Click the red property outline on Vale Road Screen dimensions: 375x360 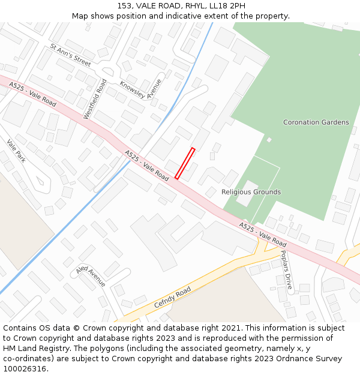pyautogui.click(x=185, y=163)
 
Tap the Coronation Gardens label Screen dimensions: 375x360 pyautogui.click(x=316, y=122)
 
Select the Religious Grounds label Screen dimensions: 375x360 pyautogui.click(x=251, y=192)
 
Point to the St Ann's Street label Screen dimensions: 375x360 pyautogui.click(x=70, y=55)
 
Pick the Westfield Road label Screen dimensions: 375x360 pyautogui.click(x=95, y=99)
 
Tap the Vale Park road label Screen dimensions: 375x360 pyautogui.click(x=16, y=151)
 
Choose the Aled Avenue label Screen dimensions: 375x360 pyautogui.click(x=91, y=276)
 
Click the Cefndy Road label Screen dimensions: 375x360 pyautogui.click(x=172, y=297)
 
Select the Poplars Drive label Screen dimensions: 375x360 pyautogui.click(x=286, y=269)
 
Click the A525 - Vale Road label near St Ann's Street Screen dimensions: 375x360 pyautogui.click(x=32, y=95)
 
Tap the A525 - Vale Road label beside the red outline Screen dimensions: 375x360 pyautogui.click(x=147, y=166)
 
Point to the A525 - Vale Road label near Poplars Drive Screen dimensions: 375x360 pyautogui.click(x=263, y=235)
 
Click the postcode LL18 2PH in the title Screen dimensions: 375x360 pyautogui.click(x=229, y=5)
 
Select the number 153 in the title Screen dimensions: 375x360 pyautogui.click(x=125, y=5)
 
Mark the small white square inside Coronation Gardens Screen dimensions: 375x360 pyautogui.click(x=269, y=140)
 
